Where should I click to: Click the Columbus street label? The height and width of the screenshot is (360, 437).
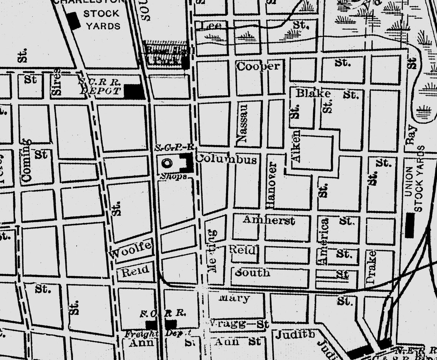[226, 159]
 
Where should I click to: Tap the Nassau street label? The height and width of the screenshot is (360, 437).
[243, 124]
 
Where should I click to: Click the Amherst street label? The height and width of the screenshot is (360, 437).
[269, 220]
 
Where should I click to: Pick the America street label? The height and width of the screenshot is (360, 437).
[324, 241]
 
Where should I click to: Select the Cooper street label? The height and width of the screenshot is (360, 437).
[258, 66]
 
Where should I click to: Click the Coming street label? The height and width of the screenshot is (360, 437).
[26, 160]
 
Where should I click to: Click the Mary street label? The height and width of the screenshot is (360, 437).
[234, 298]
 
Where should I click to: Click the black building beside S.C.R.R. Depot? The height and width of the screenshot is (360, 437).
[134, 92]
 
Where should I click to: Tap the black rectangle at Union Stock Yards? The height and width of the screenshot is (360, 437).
[410, 226]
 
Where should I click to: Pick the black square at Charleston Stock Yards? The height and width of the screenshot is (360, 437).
[73, 20]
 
